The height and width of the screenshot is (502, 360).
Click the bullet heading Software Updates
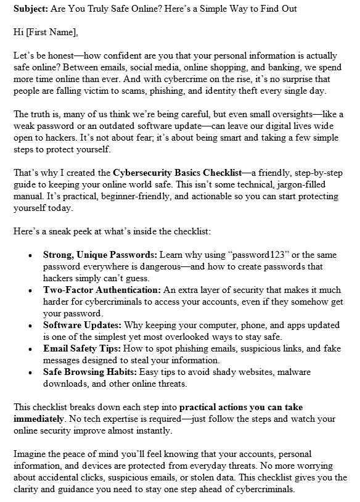click(x=81, y=324)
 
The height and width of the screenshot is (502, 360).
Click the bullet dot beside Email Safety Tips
click(x=30, y=349)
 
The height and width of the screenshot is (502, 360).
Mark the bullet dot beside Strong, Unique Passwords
click(x=30, y=255)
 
